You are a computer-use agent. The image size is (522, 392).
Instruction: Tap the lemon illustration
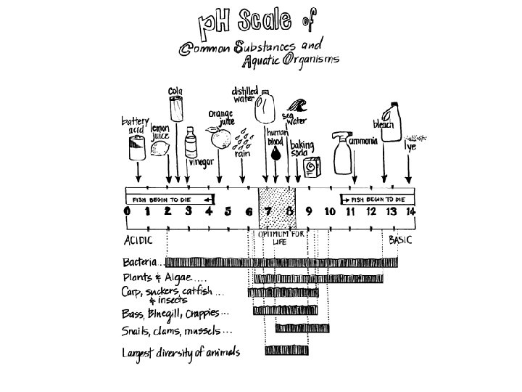159,149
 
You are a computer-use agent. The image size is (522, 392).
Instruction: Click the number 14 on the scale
410,211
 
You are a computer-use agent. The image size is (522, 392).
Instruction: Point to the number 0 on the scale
128,211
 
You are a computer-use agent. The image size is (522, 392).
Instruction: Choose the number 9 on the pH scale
309,211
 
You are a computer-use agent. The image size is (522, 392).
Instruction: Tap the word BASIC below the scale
400,239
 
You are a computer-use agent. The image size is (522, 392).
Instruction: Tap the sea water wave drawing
297,107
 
